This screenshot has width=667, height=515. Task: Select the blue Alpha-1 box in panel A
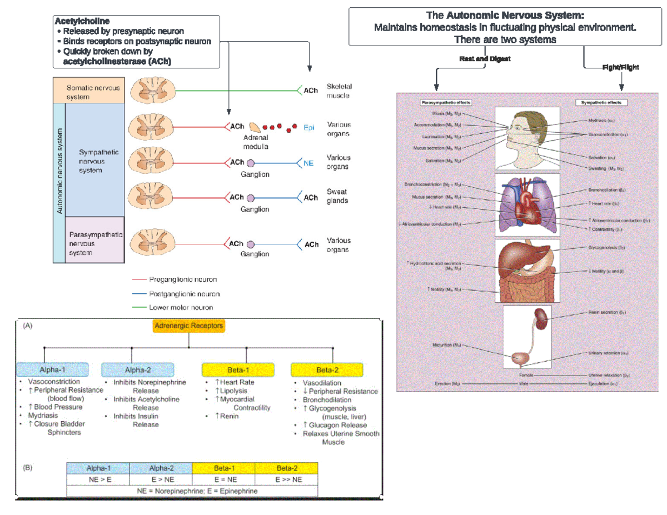pos(52,369)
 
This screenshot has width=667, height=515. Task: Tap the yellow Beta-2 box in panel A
pos(327,369)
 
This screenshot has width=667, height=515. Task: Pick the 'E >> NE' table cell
pos(287,479)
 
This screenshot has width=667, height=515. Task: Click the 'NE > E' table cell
pos(97,479)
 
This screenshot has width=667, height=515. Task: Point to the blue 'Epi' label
pos(308,127)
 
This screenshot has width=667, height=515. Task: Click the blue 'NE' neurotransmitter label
pos(308,163)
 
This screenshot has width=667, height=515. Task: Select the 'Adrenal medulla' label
pos(256,142)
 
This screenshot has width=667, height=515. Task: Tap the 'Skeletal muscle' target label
pos(339,91)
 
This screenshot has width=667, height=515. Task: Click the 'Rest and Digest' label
pos(485,58)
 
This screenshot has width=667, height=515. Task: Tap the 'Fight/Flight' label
pos(620,67)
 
